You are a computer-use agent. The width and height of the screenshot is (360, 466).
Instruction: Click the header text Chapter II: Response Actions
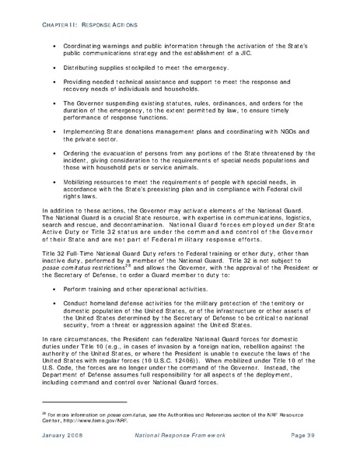pyautogui.click(x=77, y=23)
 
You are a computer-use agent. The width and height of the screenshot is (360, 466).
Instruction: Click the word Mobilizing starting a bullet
pyautogui.click(x=79, y=180)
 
